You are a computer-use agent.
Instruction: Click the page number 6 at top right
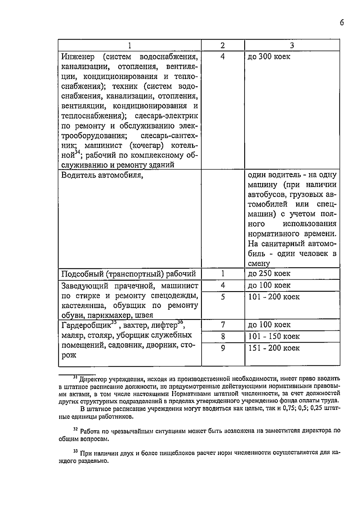(x=342, y=23)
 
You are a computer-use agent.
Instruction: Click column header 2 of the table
(x=223, y=45)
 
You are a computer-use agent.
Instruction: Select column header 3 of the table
(x=292, y=45)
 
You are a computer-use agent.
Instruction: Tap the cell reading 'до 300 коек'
(x=269, y=57)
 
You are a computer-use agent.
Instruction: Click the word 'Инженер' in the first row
(x=78, y=57)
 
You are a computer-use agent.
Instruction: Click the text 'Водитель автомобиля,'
(x=102, y=175)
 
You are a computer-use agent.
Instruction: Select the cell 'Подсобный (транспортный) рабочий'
(x=128, y=274)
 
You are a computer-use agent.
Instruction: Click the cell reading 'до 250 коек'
(x=269, y=273)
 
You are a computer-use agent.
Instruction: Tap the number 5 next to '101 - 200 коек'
(x=223, y=297)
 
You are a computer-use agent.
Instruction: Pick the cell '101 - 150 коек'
(x=274, y=336)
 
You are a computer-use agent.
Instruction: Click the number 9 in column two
(x=223, y=348)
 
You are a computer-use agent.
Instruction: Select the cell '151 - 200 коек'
(x=274, y=348)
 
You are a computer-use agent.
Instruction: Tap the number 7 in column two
(x=223, y=325)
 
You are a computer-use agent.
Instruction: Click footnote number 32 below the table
(x=75, y=430)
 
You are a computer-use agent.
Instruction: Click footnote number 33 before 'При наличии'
(x=75, y=451)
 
